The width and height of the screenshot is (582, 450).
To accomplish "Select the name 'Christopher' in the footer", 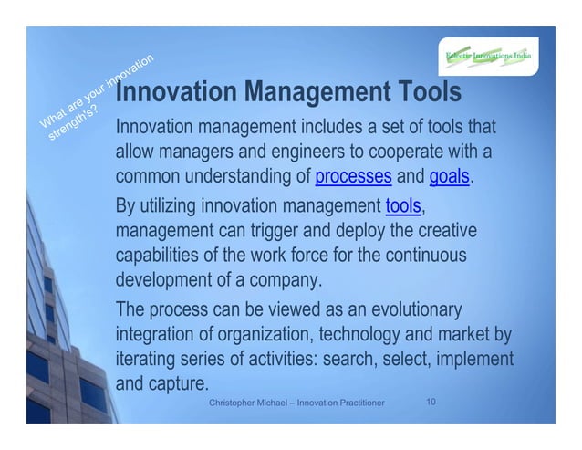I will (x=236, y=403).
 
